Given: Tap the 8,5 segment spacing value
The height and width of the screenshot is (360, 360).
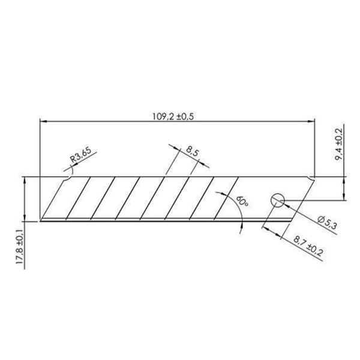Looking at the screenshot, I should pos(193,151).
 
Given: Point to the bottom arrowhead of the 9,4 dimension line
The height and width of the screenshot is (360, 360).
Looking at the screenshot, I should pos(344,198).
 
